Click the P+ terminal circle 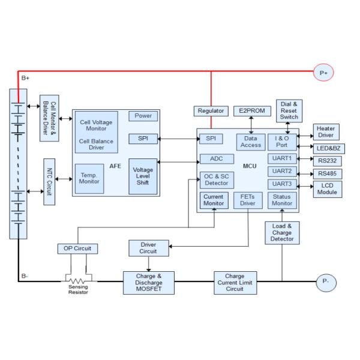click(324, 73)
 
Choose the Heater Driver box click(327, 133)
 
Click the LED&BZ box click(328, 148)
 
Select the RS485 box click(328, 173)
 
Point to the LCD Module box click(328, 188)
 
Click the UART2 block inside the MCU click(281, 172)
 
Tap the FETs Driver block click(247, 200)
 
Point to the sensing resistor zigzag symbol click(78, 281)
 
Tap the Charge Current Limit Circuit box click(236, 282)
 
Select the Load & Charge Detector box click(281, 232)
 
